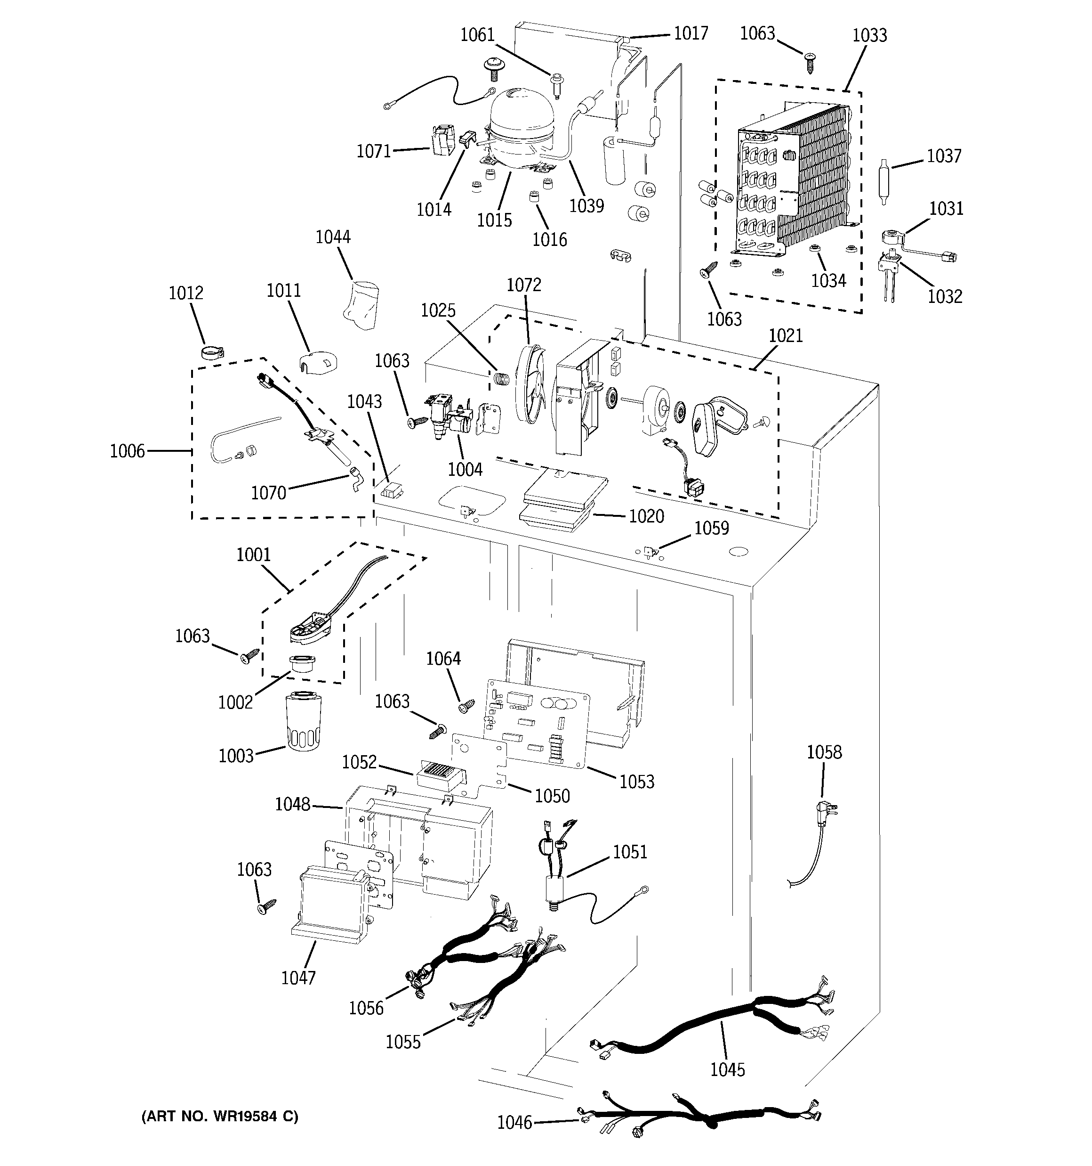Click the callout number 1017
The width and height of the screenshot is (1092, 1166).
[691, 33]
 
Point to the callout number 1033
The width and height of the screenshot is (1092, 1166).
[869, 35]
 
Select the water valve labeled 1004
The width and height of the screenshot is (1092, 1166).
[448, 416]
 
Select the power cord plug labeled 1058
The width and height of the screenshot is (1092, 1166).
[827, 814]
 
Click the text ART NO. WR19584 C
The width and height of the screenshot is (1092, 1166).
[220, 1116]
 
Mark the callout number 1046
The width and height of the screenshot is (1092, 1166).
[514, 1122]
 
